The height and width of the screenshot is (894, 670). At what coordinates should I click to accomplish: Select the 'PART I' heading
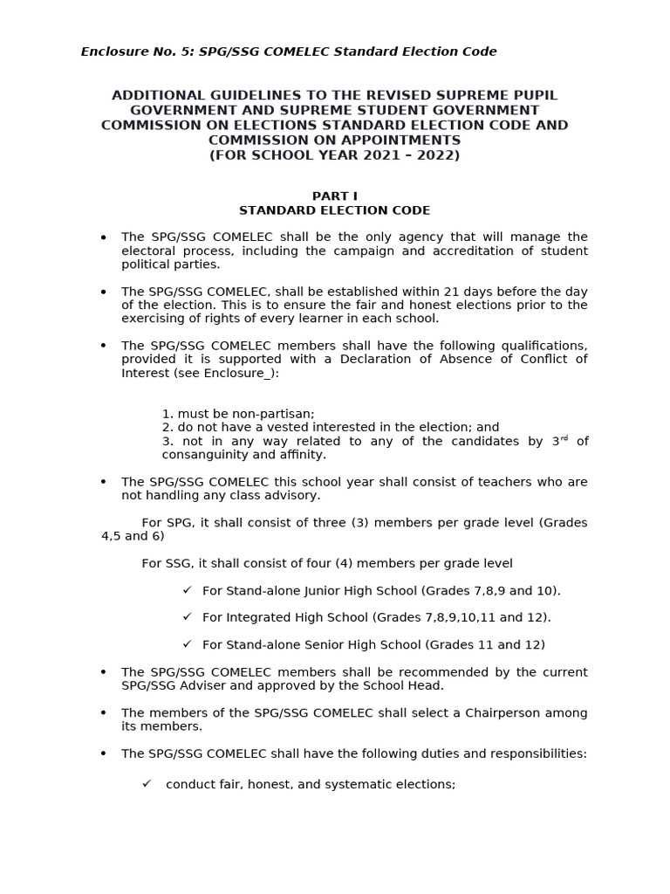tap(335, 196)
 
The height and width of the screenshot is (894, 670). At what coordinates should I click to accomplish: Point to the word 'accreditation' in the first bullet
tap(475, 251)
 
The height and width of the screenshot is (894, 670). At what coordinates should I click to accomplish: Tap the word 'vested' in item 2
tap(290, 428)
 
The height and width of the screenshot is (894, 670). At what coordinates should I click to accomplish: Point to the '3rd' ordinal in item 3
tap(559, 441)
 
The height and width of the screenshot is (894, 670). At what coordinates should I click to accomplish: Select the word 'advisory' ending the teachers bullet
tap(294, 496)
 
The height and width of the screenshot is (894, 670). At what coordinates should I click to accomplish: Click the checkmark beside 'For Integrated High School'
tap(187, 617)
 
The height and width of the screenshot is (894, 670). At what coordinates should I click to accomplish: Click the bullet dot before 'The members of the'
tap(104, 714)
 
